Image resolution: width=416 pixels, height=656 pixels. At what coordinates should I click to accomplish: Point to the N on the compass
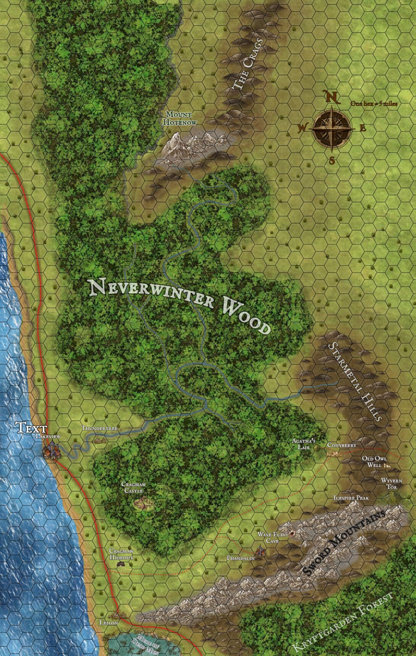tap(331, 97)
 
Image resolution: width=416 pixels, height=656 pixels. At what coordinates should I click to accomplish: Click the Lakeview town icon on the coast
tap(51, 450)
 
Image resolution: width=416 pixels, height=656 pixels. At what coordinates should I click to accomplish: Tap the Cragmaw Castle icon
tap(143, 503)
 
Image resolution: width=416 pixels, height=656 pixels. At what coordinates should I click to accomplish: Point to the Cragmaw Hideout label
tap(121, 554)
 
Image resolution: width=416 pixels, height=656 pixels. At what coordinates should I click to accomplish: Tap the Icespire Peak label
tap(351, 497)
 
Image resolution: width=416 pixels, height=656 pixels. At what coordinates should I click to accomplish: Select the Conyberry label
tap(341, 445)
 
